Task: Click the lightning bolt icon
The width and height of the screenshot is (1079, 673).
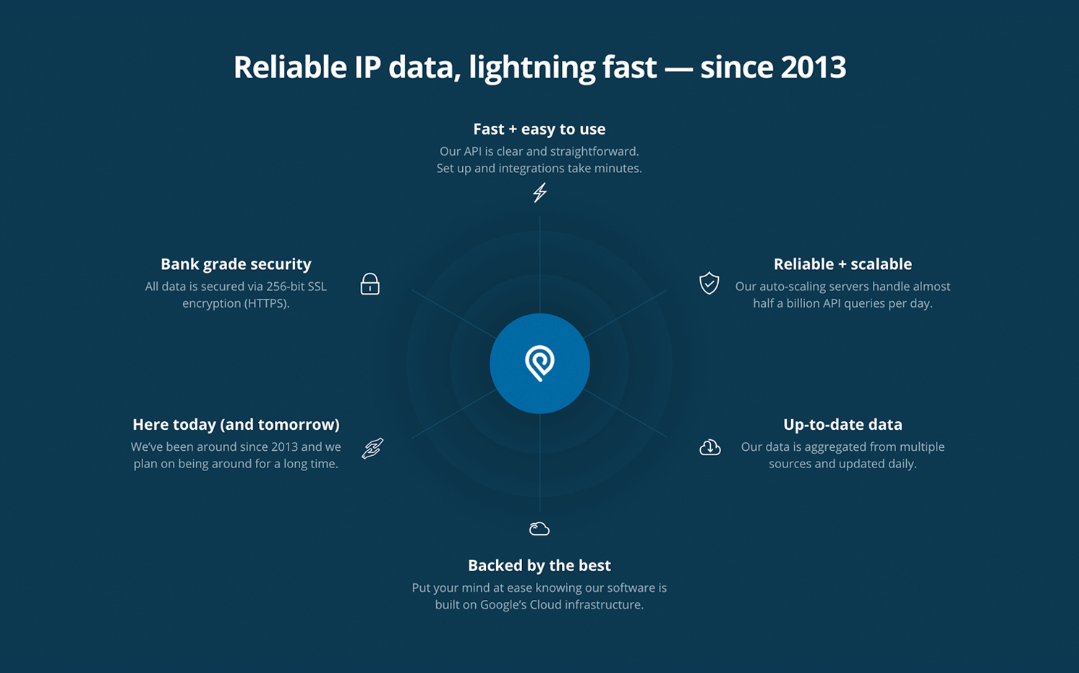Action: (539, 192)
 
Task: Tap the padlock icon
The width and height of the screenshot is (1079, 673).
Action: (370, 284)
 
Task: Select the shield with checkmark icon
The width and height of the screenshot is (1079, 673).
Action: (709, 283)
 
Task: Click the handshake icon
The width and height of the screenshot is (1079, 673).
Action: (373, 449)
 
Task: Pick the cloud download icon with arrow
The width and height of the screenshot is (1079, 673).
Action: (710, 447)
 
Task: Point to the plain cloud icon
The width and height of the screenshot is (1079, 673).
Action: (539, 529)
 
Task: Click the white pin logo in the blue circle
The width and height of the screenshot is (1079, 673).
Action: (539, 363)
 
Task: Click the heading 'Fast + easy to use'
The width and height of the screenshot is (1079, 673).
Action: (539, 130)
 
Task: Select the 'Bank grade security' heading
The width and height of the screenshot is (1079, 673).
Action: (236, 264)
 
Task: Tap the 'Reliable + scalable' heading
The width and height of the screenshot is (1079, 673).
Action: (843, 264)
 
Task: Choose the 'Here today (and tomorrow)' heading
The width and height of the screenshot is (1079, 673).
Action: (236, 425)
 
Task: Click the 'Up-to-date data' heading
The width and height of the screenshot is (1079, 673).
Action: (843, 425)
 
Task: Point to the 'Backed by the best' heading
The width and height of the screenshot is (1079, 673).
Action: (539, 565)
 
